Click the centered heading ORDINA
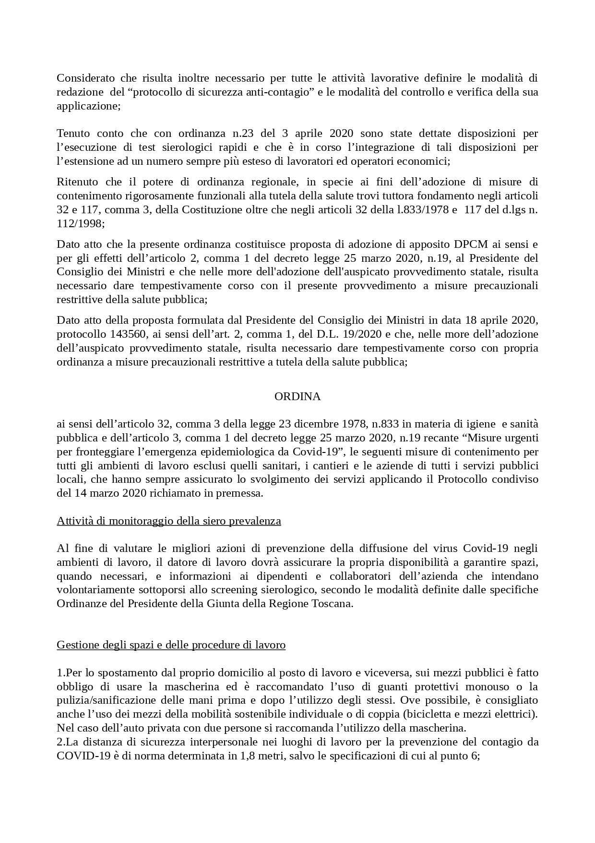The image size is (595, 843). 297,397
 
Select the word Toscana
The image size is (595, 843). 332,603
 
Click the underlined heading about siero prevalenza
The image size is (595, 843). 169,521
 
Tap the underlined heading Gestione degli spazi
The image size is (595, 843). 171,645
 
